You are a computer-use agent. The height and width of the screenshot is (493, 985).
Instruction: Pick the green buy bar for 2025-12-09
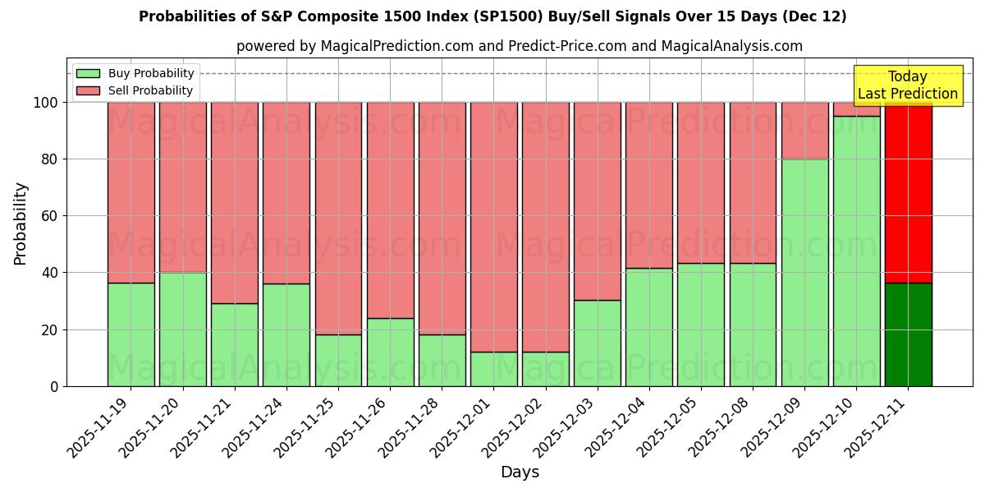[x=804, y=272]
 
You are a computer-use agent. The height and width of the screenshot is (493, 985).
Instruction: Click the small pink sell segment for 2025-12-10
[x=856, y=109]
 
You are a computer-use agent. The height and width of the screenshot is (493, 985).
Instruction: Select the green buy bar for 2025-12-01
[x=493, y=369]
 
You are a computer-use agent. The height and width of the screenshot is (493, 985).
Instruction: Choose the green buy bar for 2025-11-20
[x=182, y=329]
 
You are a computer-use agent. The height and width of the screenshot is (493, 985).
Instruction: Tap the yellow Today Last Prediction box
[x=907, y=85]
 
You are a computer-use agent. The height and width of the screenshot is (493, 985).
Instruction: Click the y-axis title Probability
[x=21, y=223]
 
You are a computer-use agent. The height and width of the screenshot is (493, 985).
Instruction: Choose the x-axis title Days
[x=520, y=472]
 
